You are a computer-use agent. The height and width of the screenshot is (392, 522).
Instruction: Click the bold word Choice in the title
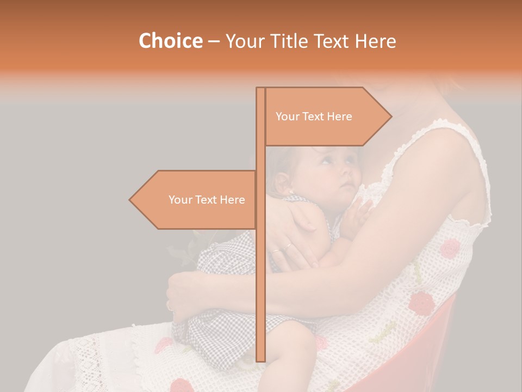click(170, 41)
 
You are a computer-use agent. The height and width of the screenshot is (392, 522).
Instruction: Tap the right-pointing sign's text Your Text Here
click(314, 117)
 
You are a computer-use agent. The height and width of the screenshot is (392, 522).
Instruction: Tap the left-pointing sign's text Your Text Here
click(207, 200)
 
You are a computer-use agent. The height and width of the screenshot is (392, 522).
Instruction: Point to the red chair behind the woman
click(435, 348)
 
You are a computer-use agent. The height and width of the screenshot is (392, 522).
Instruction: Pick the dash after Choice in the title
click(214, 41)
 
